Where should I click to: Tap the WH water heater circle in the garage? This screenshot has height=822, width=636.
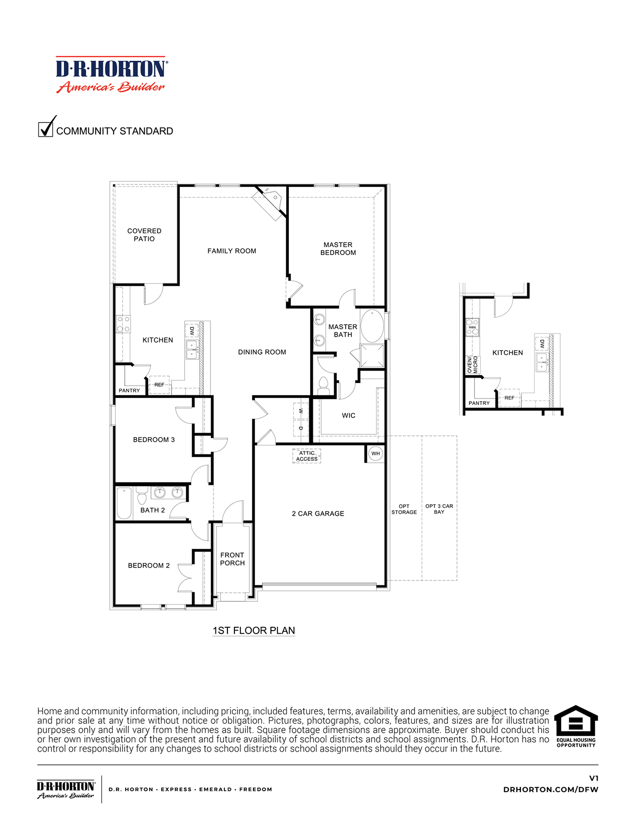376,453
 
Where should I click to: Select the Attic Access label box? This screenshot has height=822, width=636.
307,456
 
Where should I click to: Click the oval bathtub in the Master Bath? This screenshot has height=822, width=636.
372,326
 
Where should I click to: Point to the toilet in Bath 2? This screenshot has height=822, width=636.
142,496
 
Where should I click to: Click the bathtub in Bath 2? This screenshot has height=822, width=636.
124,503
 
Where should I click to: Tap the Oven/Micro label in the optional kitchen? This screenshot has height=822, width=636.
472,365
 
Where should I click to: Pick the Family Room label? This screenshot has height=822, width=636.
232,251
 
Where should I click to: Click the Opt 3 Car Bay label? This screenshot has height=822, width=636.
439,509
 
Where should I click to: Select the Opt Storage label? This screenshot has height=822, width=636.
404,509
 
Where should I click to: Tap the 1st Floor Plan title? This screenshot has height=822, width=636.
254,631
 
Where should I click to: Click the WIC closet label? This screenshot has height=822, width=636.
349,415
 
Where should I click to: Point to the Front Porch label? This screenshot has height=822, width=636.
232,559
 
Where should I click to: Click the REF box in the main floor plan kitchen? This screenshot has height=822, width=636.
160,385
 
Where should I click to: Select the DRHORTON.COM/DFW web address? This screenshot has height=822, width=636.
551,790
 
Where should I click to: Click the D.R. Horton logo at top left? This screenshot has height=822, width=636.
112,75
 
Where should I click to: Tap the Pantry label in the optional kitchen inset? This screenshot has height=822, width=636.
479,403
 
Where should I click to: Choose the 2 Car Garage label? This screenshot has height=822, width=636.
318,513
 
